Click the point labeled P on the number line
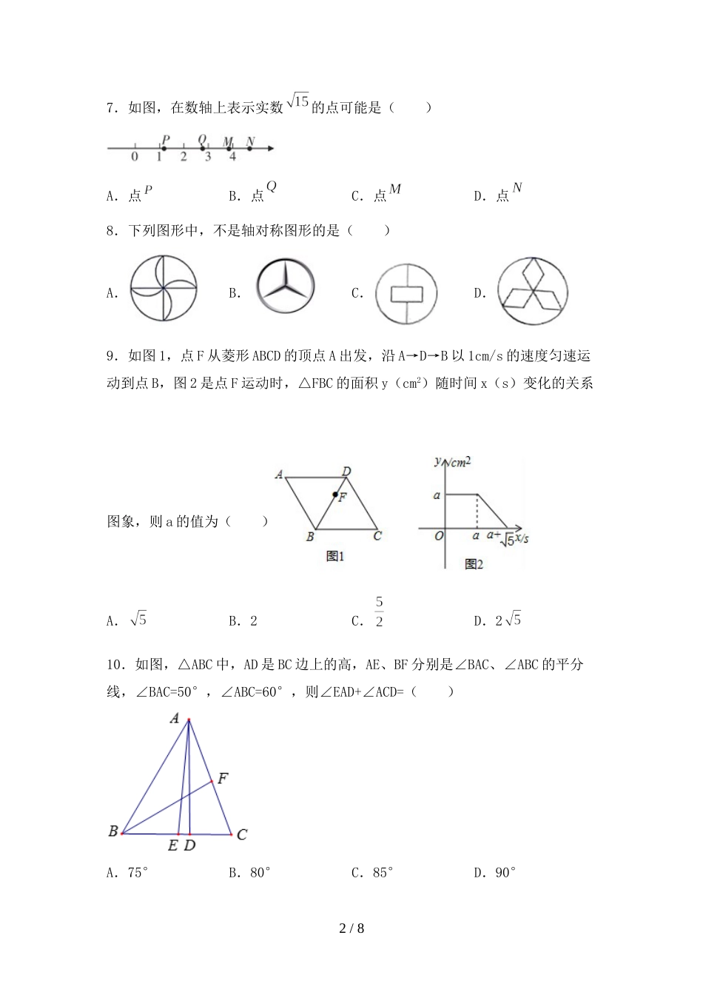point(164,148)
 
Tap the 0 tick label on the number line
point(135,157)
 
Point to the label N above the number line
point(250,141)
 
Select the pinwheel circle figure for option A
point(164,289)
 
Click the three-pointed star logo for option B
point(286,287)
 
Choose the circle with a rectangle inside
point(406,293)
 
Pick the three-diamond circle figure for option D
point(532,291)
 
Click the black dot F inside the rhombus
point(335,495)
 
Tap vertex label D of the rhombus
point(346,471)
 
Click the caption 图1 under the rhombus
point(335,557)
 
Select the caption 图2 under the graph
point(474,565)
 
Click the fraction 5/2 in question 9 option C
point(379,612)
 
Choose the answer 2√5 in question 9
point(508,620)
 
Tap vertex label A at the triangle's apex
point(175,717)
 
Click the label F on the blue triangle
point(222,778)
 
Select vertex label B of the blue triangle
point(113,831)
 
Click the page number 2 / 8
point(351,928)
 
